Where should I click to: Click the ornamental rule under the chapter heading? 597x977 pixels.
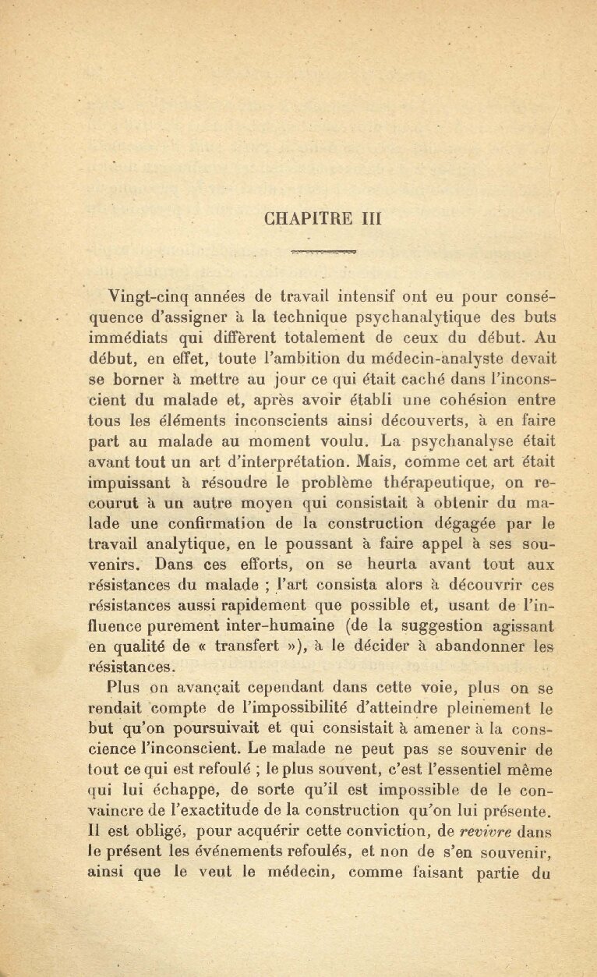pyautogui.click(x=323, y=252)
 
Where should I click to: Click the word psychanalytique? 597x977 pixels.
pyautogui.click(x=422, y=317)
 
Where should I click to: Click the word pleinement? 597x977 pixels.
pyautogui.click(x=488, y=709)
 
